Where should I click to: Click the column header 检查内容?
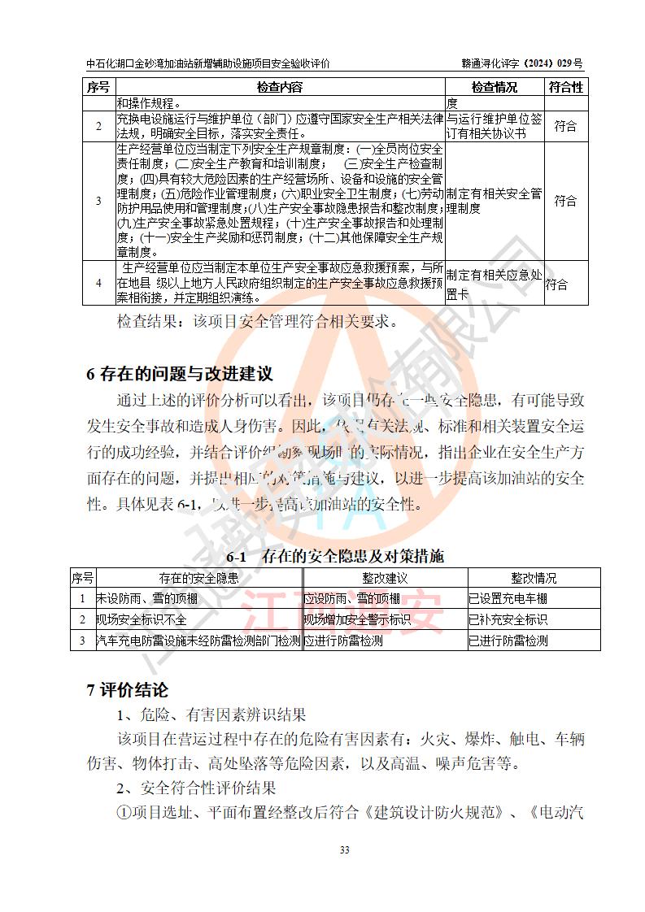(279, 87)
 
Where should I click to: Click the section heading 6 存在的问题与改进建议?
(179, 374)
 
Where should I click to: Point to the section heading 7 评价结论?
(128, 690)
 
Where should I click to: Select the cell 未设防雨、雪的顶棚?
(147, 599)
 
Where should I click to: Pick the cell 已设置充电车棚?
(508, 599)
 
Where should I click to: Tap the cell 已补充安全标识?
(508, 619)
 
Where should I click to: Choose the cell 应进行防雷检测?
(343, 641)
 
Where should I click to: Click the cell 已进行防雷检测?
(508, 641)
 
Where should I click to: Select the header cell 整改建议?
(384, 578)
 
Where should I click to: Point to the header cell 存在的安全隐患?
(198, 578)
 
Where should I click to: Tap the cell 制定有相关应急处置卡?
(494, 283)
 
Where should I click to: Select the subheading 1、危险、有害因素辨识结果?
(211, 716)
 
